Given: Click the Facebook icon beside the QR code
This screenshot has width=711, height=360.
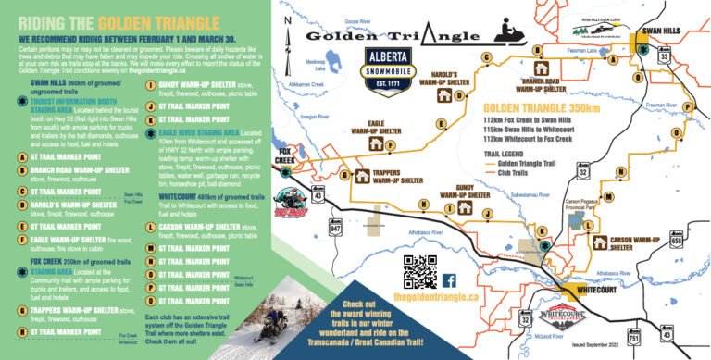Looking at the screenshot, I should [449, 279].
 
